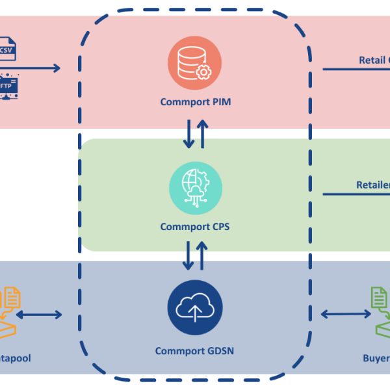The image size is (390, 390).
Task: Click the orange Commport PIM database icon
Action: pos(195,63)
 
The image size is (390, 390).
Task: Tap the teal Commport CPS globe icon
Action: pos(195,185)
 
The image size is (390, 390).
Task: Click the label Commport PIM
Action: pos(195,102)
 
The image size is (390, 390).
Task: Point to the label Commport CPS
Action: pos(195,227)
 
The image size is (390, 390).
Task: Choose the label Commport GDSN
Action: pos(195,351)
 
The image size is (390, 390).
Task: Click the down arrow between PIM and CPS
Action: pos(188,133)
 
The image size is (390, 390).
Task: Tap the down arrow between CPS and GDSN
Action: pos(188,255)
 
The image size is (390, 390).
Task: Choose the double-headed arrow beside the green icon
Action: pos(346,315)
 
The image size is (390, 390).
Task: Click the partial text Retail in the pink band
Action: pos(374,60)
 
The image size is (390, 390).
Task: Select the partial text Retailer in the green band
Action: pos(372,185)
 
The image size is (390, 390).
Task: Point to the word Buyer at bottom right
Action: pos(376,358)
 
